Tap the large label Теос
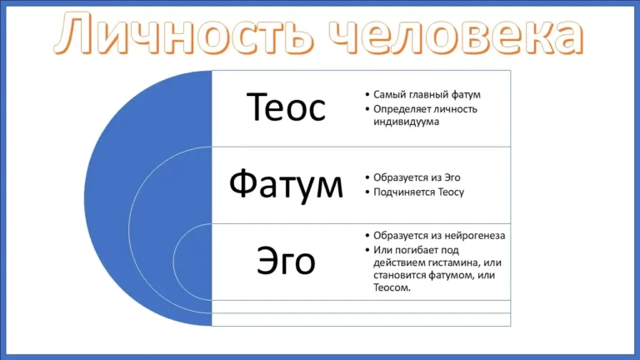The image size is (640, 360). point(286,107)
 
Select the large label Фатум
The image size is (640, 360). point(286,184)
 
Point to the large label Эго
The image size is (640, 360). point(286,262)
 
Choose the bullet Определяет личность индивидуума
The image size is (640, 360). point(425,115)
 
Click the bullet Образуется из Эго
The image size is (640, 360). point(417,177)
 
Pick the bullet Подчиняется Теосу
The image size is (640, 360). point(418,192)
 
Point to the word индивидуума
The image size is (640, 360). point(406,122)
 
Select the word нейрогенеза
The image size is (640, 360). point(474,236)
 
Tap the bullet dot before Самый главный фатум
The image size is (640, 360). point(367,95)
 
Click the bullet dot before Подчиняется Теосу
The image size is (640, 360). point(367,192)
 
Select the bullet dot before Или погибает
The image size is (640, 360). point(367,250)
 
